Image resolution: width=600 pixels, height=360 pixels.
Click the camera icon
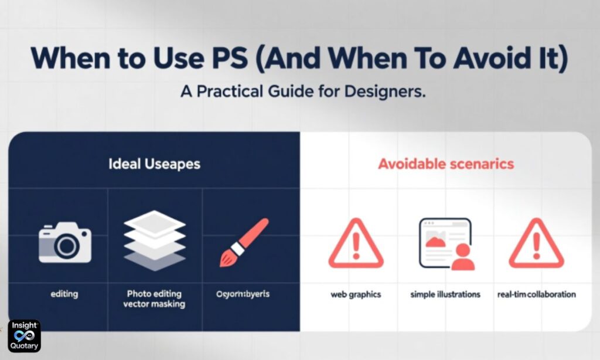pos(65,242)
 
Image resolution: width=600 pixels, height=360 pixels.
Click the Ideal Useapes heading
pos(154,164)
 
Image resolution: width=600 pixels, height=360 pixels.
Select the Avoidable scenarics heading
pos(446,164)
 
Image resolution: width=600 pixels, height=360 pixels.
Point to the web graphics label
pos(356,294)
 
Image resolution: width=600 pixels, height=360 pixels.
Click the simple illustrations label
pos(445,294)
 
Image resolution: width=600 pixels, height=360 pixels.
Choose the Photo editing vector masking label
pos(155,298)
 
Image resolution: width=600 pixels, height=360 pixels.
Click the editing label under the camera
pos(64,294)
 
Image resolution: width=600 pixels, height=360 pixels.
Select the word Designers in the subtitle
pos(387,93)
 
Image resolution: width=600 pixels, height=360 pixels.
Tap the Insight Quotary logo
pos(24,336)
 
